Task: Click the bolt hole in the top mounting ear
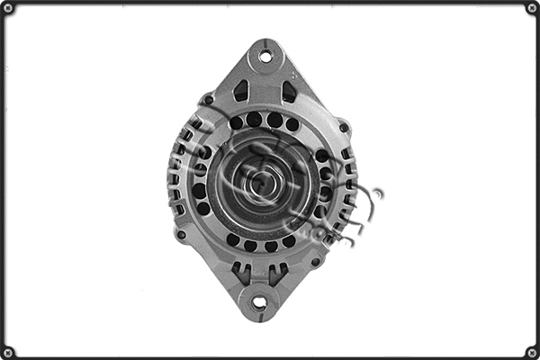[x=265, y=56]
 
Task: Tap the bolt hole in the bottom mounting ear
[x=258, y=303]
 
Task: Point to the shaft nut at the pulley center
[x=261, y=182]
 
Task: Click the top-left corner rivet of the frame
[x=8, y=8]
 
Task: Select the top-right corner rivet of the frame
[x=531, y=8]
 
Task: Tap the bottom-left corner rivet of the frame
[x=8, y=352]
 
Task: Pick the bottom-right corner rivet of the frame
[x=531, y=352]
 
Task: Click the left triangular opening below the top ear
[x=241, y=91]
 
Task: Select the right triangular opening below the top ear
[x=289, y=91]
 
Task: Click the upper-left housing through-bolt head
[x=208, y=100]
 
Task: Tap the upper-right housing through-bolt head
[x=343, y=127]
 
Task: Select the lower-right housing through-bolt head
[x=316, y=261]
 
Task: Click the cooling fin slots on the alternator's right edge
[x=347, y=184]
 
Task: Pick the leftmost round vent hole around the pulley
[x=198, y=190]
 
